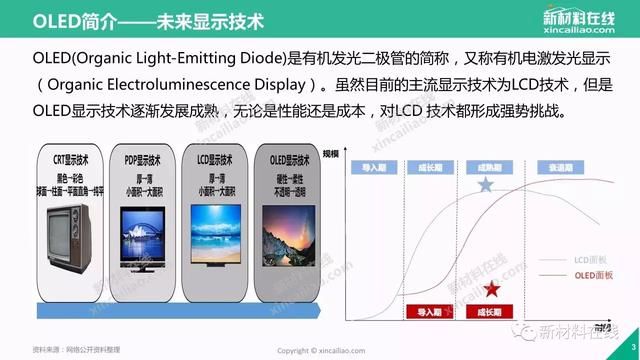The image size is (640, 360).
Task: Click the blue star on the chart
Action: [x=486, y=185]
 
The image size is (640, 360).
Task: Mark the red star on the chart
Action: [x=491, y=290]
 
